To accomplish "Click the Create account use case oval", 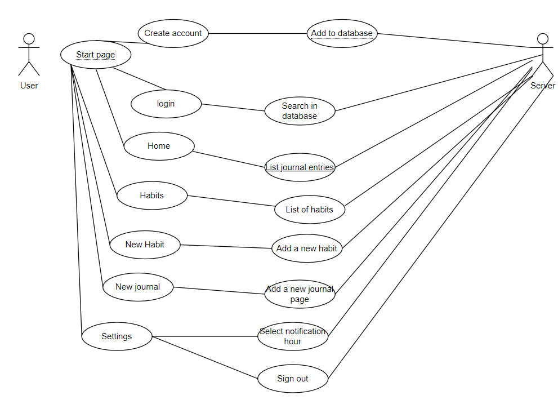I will [173, 33].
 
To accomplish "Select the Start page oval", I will [96, 55].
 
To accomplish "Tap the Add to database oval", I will [342, 33].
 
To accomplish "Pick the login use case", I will [166, 104].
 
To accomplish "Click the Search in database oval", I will [300, 111].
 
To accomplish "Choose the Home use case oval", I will [159, 146].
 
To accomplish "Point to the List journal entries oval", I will [300, 167].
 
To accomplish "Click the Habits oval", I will [152, 196].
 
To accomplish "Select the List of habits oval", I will [310, 210].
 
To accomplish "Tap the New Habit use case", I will [145, 245].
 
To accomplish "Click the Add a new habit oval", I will [307, 248].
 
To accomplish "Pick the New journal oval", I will [138, 287].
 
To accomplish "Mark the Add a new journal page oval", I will [300, 294].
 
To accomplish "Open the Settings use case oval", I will [117, 336].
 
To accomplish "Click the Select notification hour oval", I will [293, 336].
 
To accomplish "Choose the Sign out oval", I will [293, 379].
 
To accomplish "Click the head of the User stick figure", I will [29, 39].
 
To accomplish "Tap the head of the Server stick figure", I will [543, 39].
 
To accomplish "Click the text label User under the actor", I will [29, 86].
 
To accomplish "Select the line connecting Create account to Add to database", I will [257, 33].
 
